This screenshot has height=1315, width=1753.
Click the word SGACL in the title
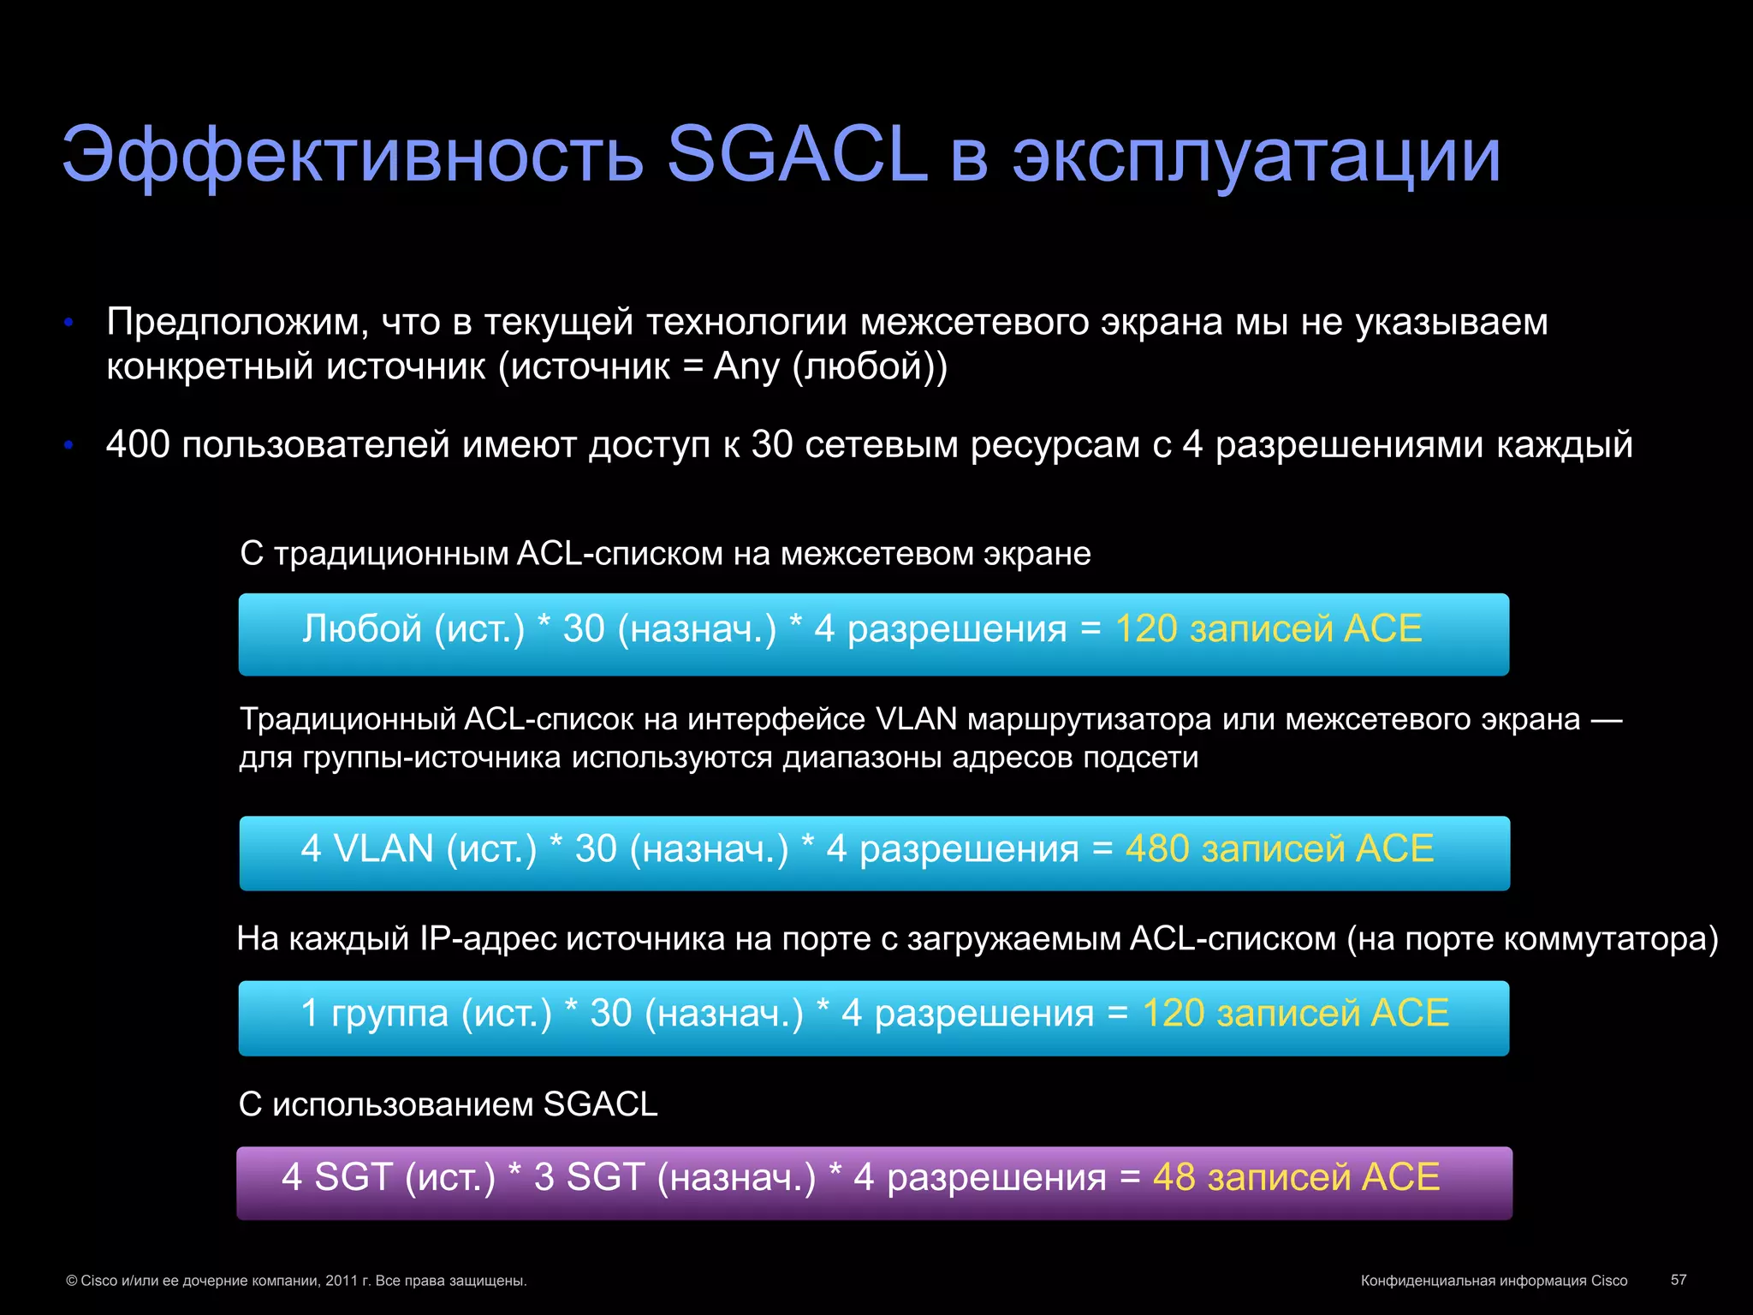[797, 154]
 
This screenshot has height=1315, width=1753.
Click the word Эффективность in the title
[352, 156]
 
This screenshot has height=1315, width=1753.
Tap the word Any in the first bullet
[746, 366]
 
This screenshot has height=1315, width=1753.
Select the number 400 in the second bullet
[138, 444]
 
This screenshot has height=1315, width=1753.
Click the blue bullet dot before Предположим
[69, 323]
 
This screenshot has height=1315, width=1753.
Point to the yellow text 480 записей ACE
[1279, 848]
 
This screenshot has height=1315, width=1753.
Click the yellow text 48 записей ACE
[1296, 1177]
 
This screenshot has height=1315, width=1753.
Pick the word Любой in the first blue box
[362, 628]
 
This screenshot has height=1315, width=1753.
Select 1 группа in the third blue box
[375, 1013]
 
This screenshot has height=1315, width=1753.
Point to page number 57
[1679, 1279]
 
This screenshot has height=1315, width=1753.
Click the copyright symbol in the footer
[72, 1281]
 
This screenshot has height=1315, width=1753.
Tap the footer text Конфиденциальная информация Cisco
[1494, 1281]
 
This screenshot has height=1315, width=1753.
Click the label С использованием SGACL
[448, 1104]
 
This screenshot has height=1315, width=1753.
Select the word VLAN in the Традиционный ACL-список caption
[917, 719]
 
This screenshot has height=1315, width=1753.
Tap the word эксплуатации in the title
[1257, 156]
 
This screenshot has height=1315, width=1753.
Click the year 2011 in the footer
[342, 1281]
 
